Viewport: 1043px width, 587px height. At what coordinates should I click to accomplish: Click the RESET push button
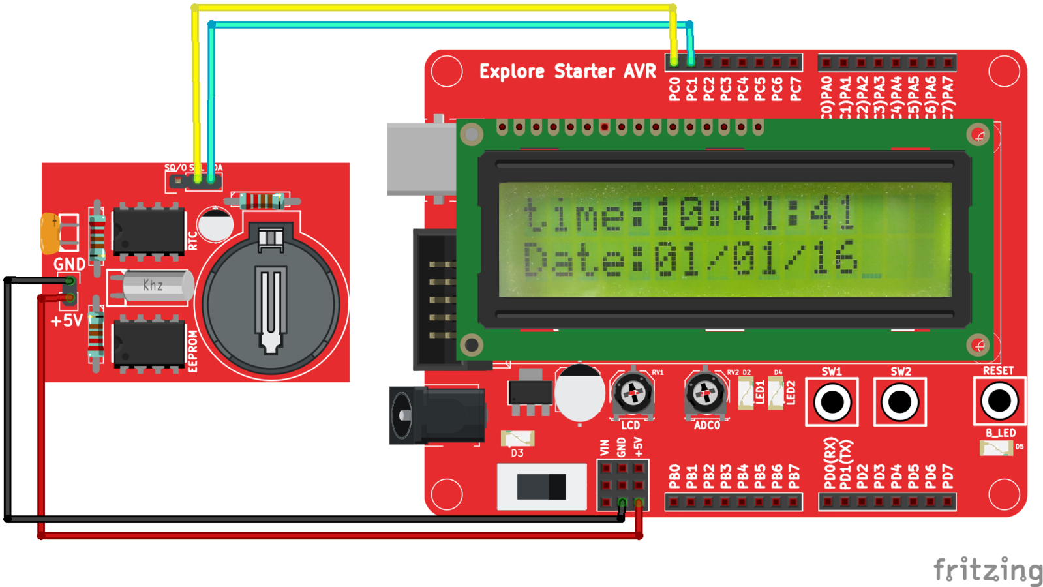999,401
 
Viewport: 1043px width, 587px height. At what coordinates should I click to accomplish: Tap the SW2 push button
899,402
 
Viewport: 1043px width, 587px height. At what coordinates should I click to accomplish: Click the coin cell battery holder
271,304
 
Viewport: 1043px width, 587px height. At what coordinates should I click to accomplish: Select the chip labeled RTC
148,231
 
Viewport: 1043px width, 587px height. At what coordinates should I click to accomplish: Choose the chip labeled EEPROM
148,344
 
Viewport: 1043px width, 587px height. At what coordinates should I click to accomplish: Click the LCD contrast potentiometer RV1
632,394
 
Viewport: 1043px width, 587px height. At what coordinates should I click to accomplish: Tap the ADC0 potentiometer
705,394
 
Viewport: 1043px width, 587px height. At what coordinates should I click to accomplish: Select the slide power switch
541,487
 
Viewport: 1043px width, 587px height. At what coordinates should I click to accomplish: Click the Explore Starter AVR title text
567,71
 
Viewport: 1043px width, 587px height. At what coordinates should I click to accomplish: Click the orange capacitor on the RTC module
50,233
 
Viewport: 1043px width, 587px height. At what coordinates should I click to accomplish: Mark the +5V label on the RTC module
67,321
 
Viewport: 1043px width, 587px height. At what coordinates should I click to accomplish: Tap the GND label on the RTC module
69,264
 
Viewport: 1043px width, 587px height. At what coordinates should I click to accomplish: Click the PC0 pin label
674,89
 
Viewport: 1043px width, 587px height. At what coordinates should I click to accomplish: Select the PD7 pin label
947,477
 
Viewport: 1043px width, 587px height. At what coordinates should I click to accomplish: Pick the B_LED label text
1000,432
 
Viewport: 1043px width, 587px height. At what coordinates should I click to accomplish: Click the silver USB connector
421,158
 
